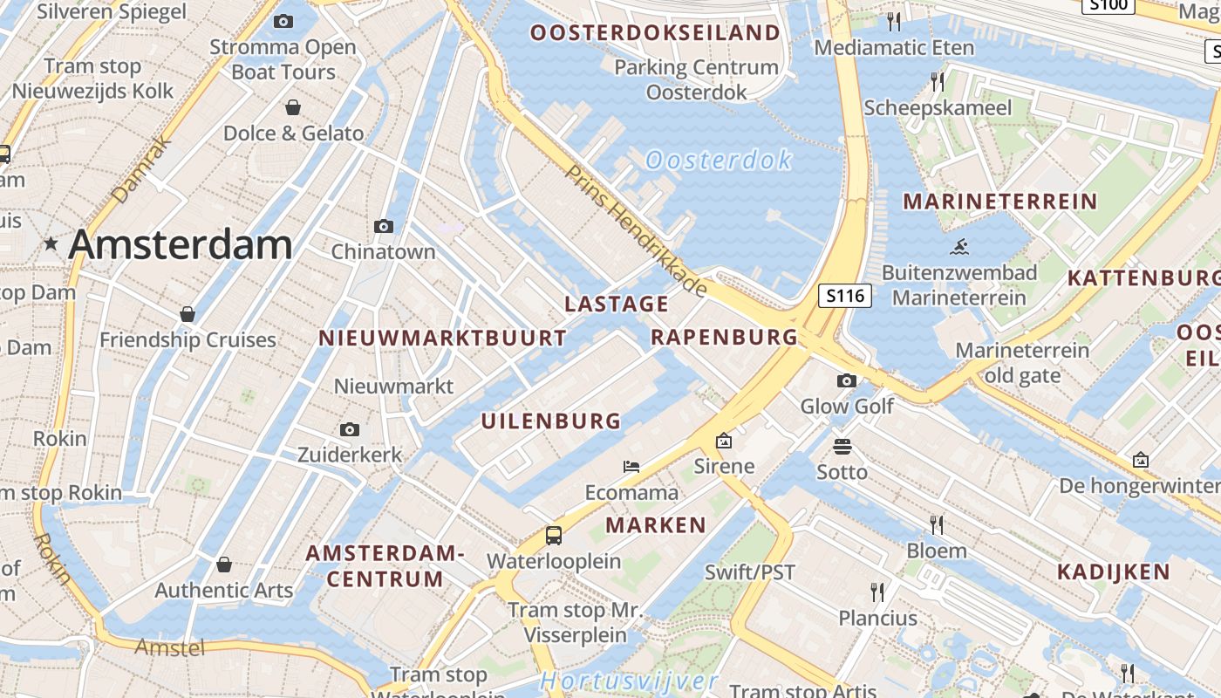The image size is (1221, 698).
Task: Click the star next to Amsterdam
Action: point(51,245)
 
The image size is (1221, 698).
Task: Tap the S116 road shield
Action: point(845,296)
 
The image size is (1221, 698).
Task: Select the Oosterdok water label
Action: point(719,160)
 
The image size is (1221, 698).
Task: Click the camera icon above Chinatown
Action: point(383,226)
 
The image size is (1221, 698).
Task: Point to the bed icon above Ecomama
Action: point(631,467)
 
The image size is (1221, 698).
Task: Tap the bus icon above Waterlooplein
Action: point(554,535)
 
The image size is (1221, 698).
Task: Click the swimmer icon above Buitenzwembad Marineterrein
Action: point(959,246)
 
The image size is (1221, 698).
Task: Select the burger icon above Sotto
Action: point(842,447)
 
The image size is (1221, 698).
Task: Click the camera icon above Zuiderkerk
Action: point(350,429)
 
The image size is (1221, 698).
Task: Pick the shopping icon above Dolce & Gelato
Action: point(293,107)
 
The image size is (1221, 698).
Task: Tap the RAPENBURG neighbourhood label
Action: point(725,337)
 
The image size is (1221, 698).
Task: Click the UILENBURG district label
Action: point(551,421)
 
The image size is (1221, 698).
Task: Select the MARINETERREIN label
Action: point(999,202)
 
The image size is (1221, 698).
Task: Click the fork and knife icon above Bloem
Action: point(937,524)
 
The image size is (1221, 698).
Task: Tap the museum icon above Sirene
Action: point(723,441)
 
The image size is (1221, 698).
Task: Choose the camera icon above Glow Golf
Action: point(846,380)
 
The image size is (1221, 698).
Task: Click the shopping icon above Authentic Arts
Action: point(224,565)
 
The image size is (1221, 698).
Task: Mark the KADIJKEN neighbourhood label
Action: point(1114,572)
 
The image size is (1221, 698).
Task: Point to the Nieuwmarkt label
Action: point(394,386)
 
